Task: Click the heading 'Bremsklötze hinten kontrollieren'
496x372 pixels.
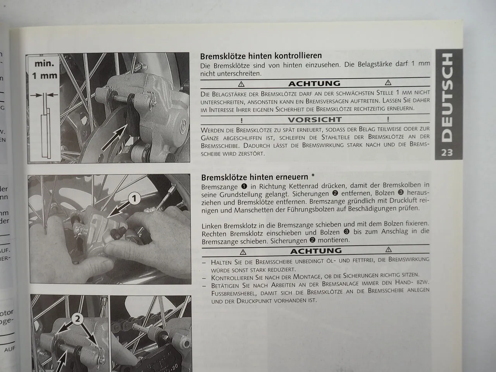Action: click(x=261, y=56)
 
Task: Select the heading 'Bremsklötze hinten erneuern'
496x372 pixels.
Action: click(x=255, y=177)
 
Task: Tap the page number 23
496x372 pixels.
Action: click(x=446, y=153)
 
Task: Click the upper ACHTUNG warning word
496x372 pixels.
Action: click(x=314, y=83)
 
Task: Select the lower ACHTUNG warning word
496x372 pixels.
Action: click(x=315, y=251)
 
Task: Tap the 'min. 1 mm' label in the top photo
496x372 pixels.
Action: click(x=44, y=70)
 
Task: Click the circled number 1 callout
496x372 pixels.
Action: click(x=134, y=199)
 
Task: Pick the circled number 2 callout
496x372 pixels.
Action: click(x=78, y=319)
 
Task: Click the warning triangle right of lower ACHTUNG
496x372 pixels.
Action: click(x=389, y=250)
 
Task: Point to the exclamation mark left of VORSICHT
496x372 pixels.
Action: click(x=241, y=120)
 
